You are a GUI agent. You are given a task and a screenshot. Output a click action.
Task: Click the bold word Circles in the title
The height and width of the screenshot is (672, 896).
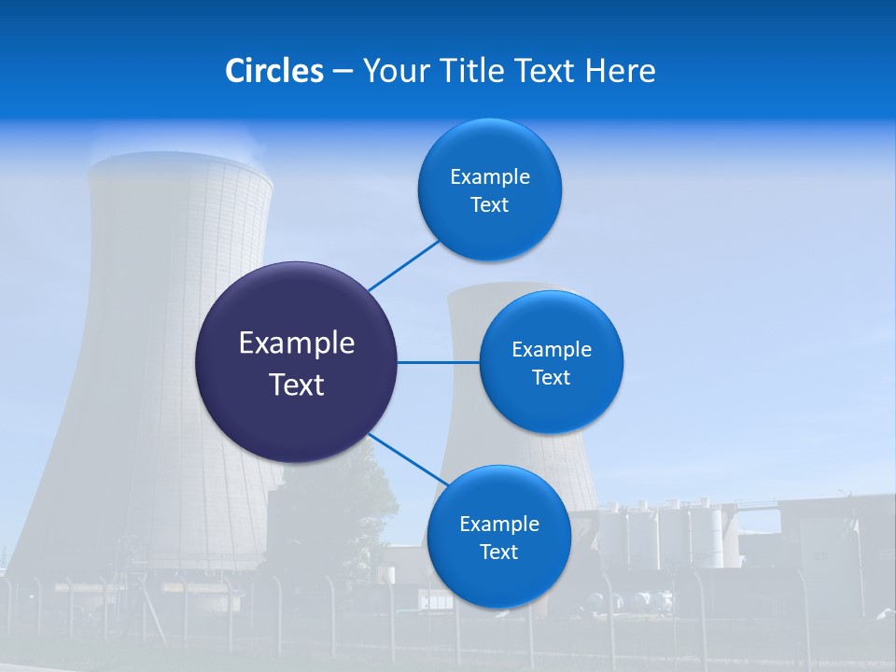tap(273, 71)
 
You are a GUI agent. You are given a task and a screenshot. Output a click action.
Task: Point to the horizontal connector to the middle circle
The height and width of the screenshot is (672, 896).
tap(438, 362)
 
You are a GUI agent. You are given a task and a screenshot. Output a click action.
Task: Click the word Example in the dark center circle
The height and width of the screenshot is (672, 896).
tap(297, 343)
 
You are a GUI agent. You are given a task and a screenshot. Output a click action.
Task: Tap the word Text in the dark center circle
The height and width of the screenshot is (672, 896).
tap(297, 385)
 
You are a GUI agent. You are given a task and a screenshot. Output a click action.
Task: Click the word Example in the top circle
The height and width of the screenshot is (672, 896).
tap(490, 176)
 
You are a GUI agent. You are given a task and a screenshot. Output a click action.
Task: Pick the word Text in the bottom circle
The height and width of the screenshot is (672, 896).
tap(498, 553)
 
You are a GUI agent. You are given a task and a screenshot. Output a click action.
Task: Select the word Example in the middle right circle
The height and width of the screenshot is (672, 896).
tap(552, 349)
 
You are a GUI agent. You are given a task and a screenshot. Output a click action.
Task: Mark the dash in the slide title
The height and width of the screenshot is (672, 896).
tap(343, 71)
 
